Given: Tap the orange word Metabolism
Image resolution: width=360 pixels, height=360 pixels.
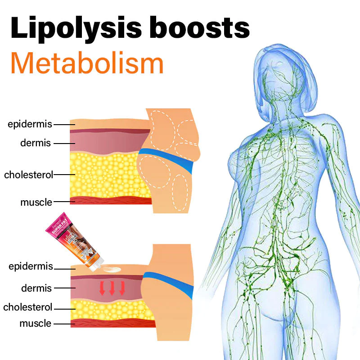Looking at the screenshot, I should pyautogui.click(x=87, y=64).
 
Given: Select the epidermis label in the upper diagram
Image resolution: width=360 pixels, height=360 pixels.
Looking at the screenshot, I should pyautogui.click(x=30, y=124).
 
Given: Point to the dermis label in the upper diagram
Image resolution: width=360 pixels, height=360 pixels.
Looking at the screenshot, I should pyautogui.click(x=36, y=143).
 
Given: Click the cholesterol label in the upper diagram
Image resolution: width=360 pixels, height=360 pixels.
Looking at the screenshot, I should pyautogui.click(x=28, y=175).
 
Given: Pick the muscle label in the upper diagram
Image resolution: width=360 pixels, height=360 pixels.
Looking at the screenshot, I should pyautogui.click(x=36, y=202).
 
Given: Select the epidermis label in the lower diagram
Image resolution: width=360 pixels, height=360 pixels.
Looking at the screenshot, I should pyautogui.click(x=31, y=266).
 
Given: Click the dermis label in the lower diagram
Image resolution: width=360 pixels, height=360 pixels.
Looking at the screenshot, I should pyautogui.click(x=36, y=288).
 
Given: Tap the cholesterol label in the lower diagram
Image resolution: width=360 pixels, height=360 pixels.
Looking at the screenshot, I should pyautogui.click(x=28, y=307).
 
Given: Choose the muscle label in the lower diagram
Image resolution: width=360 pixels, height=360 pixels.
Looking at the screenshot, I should pyautogui.click(x=35, y=323).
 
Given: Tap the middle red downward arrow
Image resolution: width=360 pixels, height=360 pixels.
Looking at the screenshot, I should pyautogui.click(x=112, y=288).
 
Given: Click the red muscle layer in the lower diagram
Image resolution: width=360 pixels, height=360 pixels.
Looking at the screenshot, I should pyautogui.click(x=112, y=323).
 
